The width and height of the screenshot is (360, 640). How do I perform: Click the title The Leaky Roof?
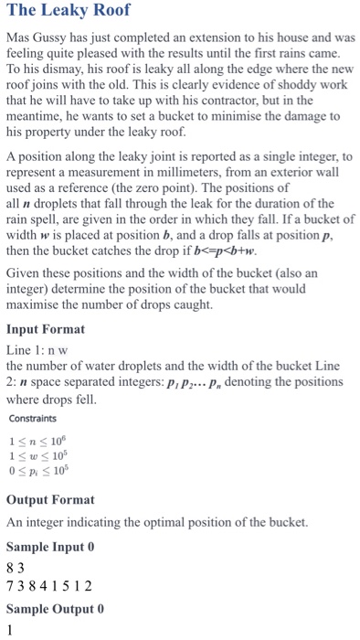click(69, 12)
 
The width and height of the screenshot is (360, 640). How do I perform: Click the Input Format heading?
click(46, 329)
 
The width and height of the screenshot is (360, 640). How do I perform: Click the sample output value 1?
click(10, 631)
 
